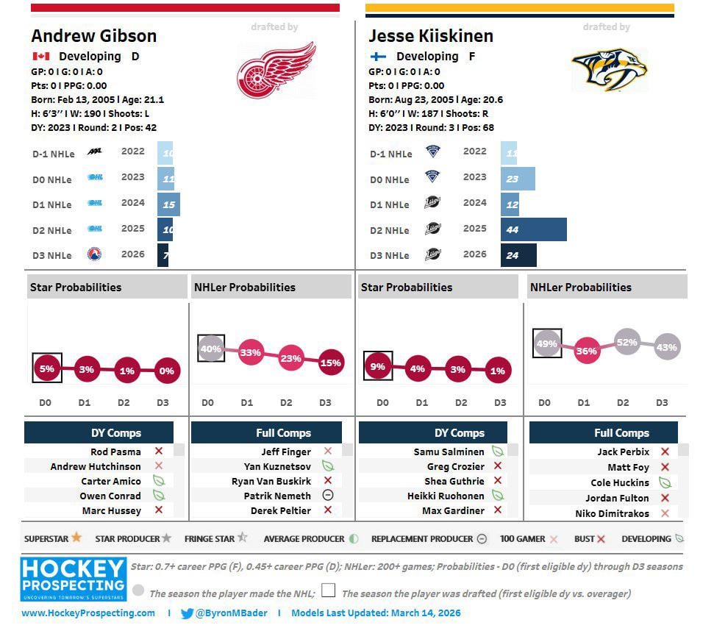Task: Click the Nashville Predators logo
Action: pyautogui.click(x=610, y=71)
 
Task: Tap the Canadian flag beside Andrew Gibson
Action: pyautogui.click(x=40, y=57)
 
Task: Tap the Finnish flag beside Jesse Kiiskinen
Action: pyautogui.click(x=378, y=57)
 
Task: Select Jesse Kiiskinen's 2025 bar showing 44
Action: pyautogui.click(x=534, y=229)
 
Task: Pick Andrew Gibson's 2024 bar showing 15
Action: pyautogui.click(x=168, y=204)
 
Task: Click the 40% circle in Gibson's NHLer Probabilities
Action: pyautogui.click(x=211, y=349)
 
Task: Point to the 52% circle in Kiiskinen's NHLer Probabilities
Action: pyautogui.click(x=626, y=342)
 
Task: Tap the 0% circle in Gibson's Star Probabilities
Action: pyautogui.click(x=166, y=371)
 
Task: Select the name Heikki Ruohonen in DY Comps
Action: pyautogui.click(x=446, y=496)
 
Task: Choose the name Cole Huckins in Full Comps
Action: pyautogui.click(x=620, y=483)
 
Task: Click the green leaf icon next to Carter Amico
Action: pyautogui.click(x=158, y=481)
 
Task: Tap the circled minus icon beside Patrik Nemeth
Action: pyautogui.click(x=328, y=496)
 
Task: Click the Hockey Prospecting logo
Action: pyautogui.click(x=73, y=579)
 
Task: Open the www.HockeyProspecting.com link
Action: pyautogui.click(x=88, y=613)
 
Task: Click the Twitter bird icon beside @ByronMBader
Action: pyautogui.click(x=187, y=613)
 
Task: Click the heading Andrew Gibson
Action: pyautogui.click(x=93, y=36)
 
